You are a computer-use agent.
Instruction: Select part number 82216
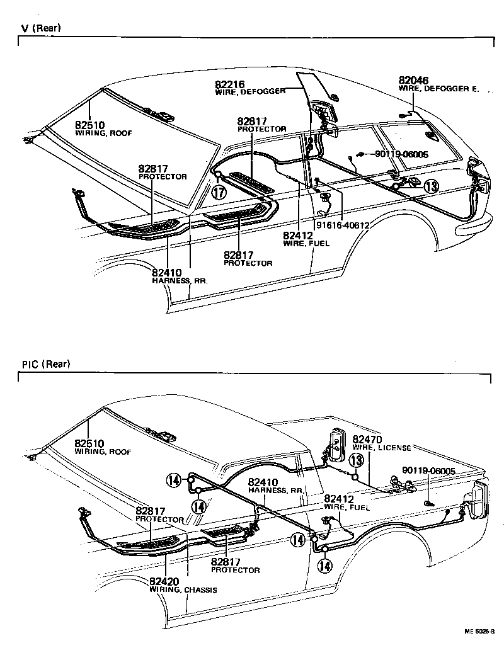[x=229, y=84]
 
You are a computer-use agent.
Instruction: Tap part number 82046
[x=413, y=81]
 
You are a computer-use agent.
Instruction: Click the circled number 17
[x=219, y=193]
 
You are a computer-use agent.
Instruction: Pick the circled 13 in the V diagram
[x=430, y=186]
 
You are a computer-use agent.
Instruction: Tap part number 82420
[x=164, y=581]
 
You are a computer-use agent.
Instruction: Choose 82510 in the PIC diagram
[x=89, y=443]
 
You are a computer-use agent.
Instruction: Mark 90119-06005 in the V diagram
[x=401, y=154]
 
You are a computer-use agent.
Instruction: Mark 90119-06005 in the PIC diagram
[x=428, y=470]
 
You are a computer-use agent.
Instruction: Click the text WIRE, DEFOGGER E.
[x=438, y=89]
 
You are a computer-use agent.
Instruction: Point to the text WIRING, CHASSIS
[x=183, y=590]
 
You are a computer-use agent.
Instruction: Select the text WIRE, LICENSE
[x=381, y=448]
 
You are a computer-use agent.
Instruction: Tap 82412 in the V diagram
[x=298, y=235]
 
